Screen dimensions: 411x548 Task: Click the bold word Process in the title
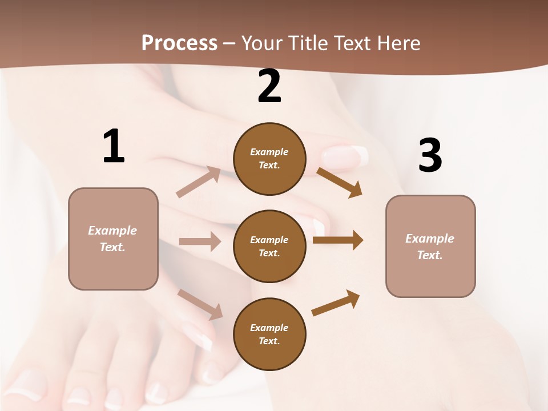point(179,43)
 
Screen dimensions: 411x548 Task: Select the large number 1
point(114,147)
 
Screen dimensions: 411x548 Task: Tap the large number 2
point(269,87)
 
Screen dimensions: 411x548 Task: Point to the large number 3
point(430,155)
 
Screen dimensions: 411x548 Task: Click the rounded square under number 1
point(113,239)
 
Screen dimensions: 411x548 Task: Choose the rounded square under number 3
point(430,247)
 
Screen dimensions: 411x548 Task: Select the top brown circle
point(269,159)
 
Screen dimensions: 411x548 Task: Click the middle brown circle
point(269,247)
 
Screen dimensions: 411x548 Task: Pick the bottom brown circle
point(269,335)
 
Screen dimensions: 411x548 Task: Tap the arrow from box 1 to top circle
point(199,182)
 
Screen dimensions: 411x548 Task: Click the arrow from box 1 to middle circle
point(200,241)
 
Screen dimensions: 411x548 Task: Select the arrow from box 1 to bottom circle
point(200,304)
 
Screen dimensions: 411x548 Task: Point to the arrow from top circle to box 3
point(340,182)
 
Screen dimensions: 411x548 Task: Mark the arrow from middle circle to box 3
point(338,240)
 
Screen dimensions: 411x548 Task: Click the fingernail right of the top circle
point(346,157)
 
